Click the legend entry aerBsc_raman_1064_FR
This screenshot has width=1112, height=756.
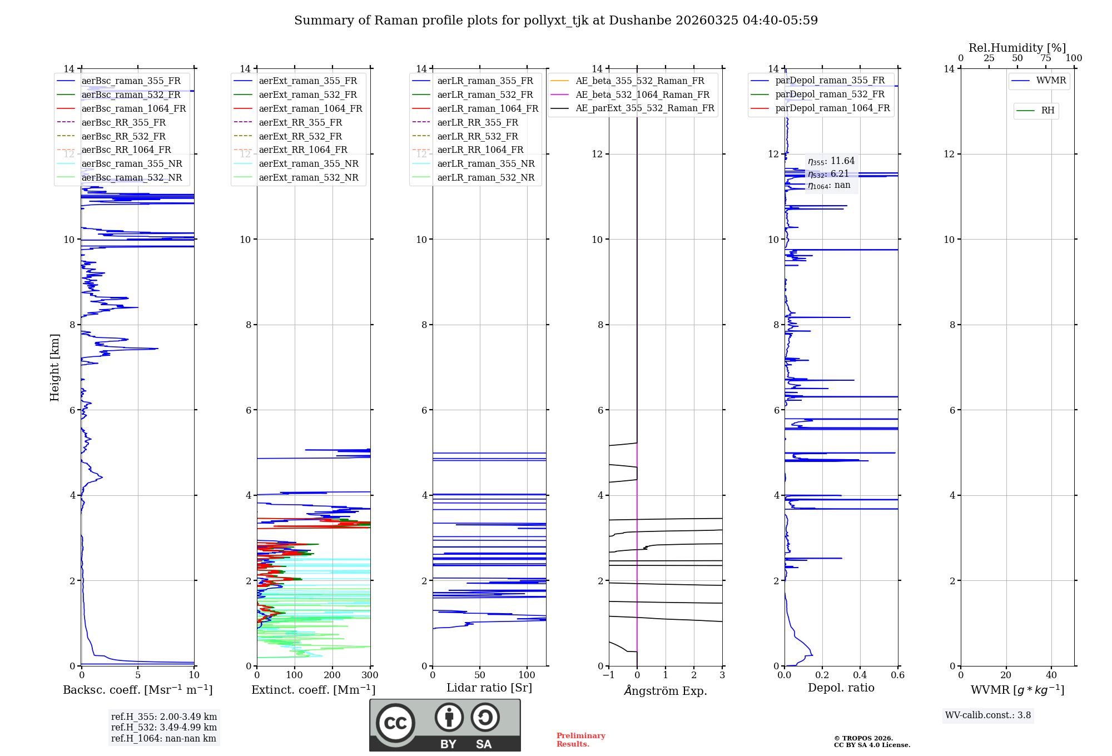133,109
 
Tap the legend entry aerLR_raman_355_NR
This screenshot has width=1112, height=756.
485,164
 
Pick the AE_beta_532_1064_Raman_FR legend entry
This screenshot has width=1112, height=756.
642,95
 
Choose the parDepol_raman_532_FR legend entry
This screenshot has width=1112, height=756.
830,94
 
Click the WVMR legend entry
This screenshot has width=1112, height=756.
1051,81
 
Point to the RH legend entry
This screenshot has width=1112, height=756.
1048,111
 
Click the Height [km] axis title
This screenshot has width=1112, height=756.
54,367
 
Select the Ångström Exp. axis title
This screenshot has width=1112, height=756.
666,691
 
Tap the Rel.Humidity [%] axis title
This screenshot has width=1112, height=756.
1017,48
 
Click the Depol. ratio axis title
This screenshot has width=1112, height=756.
841,688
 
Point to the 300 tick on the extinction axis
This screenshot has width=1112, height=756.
370,675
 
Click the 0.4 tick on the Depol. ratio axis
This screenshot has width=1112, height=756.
860,675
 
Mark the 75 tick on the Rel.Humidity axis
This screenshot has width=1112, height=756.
1045,58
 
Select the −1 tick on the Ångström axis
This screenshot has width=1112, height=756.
609,675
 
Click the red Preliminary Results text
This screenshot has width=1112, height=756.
580,740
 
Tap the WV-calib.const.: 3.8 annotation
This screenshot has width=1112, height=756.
987,715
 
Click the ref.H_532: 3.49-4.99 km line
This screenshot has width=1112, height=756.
164,728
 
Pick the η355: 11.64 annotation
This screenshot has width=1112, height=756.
831,161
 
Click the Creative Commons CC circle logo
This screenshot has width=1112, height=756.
395,723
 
